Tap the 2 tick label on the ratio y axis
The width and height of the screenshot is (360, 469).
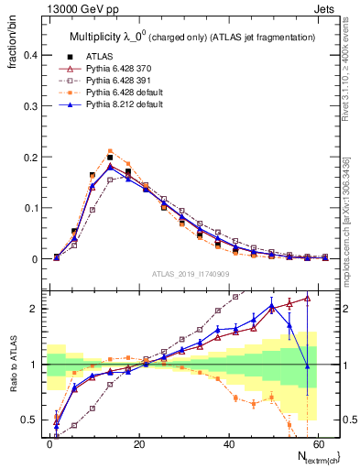click(x=33, y=309)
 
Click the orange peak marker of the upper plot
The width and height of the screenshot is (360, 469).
click(x=110, y=151)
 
